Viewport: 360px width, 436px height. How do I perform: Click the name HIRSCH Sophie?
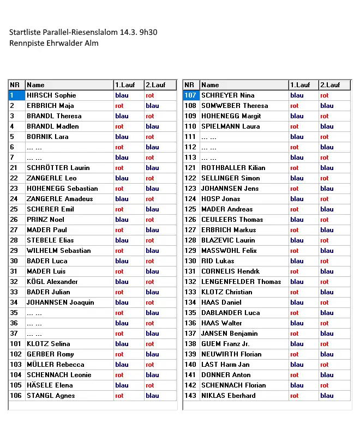(51, 95)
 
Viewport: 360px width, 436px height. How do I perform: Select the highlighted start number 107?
(190, 95)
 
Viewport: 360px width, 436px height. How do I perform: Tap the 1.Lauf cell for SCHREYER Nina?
(297, 95)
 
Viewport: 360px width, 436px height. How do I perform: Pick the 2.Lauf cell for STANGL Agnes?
(152, 396)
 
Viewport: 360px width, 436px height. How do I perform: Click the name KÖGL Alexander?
(52, 282)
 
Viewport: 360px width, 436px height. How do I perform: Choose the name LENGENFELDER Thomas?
(241, 282)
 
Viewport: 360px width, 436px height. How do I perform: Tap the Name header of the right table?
(210, 85)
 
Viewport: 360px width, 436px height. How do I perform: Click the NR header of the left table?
(15, 85)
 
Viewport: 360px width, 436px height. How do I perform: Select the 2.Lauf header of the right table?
(330, 85)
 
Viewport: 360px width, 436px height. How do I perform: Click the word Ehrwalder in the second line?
(63, 43)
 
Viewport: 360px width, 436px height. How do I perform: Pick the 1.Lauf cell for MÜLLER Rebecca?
(122, 365)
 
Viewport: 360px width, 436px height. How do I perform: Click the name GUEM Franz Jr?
(225, 344)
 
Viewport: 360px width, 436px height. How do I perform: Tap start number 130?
(190, 261)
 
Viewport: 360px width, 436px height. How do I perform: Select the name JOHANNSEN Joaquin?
(60, 302)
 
